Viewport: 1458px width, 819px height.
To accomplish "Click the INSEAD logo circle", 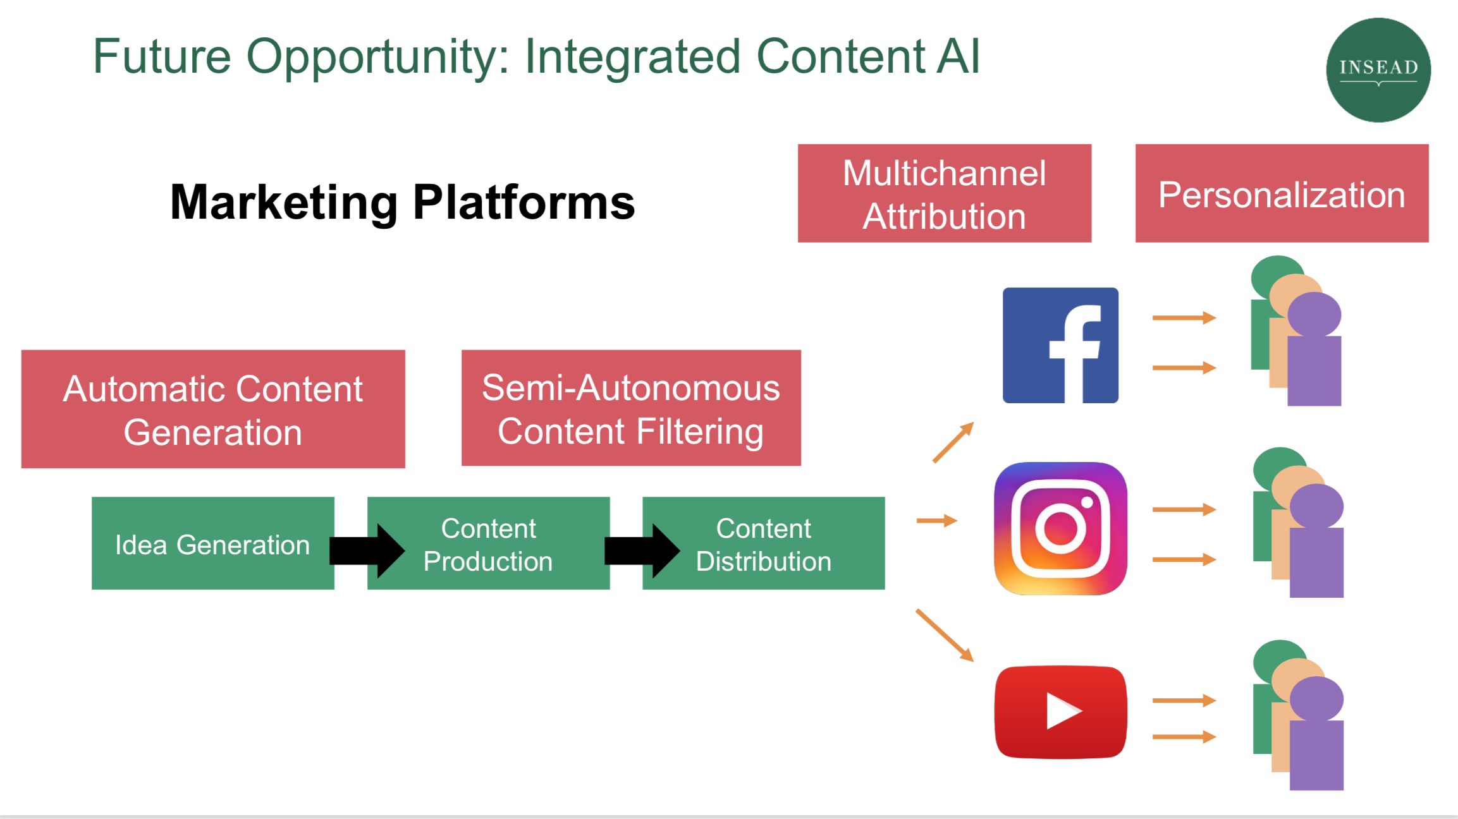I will (x=1378, y=70).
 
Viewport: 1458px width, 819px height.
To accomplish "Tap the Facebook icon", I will (x=1060, y=345).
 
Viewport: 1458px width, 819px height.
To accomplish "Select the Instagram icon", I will (x=1060, y=528).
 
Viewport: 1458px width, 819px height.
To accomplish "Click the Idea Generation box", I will (x=212, y=543).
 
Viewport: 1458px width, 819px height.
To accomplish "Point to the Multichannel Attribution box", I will (x=944, y=193).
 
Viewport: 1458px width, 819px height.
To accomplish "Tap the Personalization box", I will (x=1282, y=193).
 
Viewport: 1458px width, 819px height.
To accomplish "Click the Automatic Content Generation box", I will (x=213, y=409).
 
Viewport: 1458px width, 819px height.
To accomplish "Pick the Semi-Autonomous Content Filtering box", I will (x=631, y=408).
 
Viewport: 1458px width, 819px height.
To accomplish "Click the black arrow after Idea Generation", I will (x=367, y=550).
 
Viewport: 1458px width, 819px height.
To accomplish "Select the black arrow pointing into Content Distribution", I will (x=642, y=550).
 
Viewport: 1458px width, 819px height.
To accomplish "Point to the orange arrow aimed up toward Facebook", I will (x=953, y=442).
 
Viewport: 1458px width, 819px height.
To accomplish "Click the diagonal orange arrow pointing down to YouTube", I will (x=945, y=635).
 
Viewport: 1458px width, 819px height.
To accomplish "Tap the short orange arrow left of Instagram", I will (x=936, y=521).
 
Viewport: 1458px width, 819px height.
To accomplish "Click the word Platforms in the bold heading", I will (x=524, y=202).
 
